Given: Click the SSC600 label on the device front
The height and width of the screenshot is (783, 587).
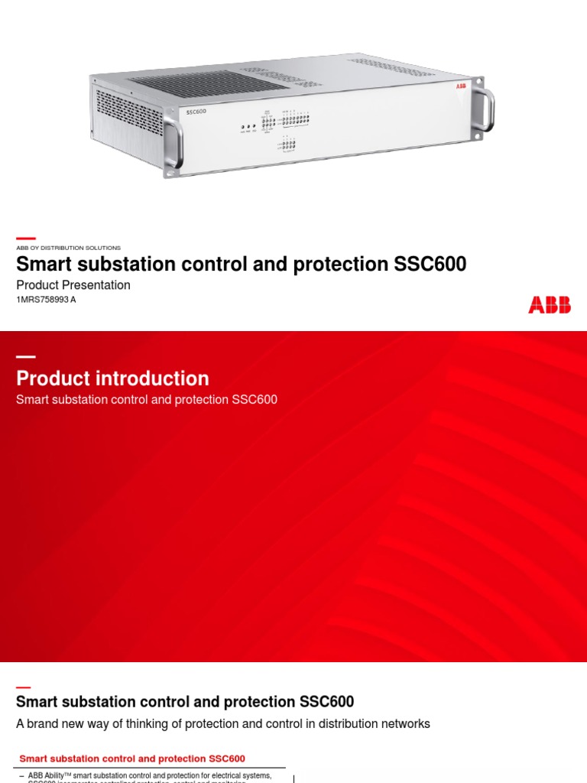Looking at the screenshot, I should pyautogui.click(x=196, y=112).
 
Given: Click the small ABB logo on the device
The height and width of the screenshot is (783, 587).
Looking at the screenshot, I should pyautogui.click(x=461, y=87).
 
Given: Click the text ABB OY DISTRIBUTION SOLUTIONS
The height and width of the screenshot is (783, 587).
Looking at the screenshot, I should pyautogui.click(x=68, y=248).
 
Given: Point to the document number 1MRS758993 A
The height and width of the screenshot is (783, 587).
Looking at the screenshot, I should pyautogui.click(x=46, y=300).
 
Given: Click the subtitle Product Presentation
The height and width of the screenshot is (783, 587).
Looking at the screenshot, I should pyautogui.click(x=73, y=285).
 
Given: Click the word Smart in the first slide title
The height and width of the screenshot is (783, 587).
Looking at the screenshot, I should pyautogui.click(x=42, y=265).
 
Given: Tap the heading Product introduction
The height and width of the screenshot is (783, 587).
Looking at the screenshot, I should pyautogui.click(x=112, y=379).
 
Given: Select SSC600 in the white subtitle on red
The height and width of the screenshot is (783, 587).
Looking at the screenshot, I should pyautogui.click(x=254, y=400).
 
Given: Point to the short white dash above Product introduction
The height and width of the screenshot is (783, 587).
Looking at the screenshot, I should pyautogui.click(x=26, y=357).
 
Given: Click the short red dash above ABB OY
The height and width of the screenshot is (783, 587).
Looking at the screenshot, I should pyautogui.click(x=26, y=239).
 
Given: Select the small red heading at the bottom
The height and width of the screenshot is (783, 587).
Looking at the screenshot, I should pyautogui.click(x=132, y=759).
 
